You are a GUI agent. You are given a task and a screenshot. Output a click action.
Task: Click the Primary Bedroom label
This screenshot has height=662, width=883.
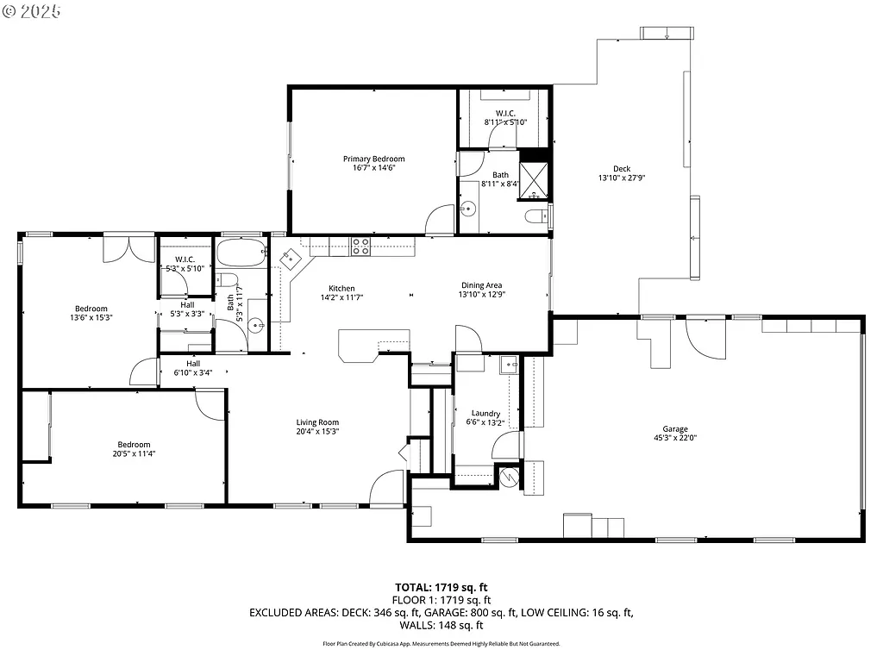tap(373, 159)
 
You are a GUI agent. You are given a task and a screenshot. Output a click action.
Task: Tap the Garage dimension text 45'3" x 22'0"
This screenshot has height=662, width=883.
tap(674, 438)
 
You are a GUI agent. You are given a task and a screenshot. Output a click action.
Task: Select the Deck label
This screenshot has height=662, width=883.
tap(622, 169)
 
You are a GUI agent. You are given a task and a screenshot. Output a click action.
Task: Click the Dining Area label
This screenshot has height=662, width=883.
tap(482, 285)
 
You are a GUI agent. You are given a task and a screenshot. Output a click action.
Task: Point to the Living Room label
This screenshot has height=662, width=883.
tap(317, 422)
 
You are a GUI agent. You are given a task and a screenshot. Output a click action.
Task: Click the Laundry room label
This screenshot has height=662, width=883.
tap(486, 414)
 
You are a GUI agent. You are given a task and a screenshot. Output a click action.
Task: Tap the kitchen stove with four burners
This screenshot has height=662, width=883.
tap(360, 246)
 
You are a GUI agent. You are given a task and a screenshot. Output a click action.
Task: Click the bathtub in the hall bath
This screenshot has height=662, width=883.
tap(242, 253)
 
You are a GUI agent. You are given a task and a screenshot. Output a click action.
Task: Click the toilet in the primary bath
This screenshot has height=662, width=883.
tap(535, 215)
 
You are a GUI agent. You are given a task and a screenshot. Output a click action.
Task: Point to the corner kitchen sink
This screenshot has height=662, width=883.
tap(291, 258)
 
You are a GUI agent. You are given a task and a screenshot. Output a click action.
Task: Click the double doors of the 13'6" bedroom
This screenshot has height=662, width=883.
tap(128, 248)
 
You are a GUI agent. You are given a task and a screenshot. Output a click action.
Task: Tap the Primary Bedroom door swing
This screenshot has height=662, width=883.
tap(441, 219)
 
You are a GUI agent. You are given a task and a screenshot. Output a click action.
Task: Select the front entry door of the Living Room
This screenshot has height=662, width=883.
tap(386, 488)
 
